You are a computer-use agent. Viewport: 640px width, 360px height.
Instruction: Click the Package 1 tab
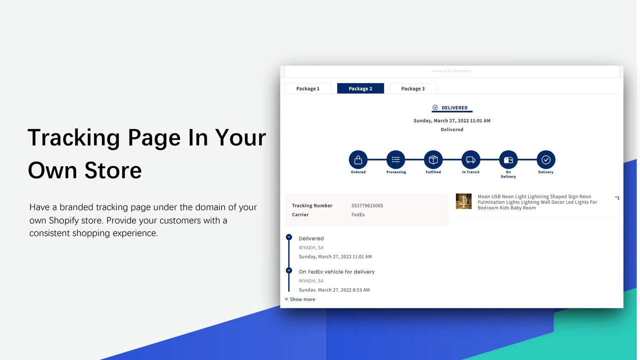click(307, 88)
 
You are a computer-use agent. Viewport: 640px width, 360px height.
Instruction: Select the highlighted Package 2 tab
click(360, 88)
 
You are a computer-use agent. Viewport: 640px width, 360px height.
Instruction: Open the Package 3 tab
click(413, 88)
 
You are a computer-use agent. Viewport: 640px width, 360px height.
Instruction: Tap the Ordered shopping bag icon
click(358, 159)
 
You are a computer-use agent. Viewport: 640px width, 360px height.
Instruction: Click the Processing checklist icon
click(395, 159)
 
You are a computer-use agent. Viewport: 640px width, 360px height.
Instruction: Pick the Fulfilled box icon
click(433, 159)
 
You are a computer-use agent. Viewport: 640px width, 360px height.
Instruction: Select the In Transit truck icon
click(470, 159)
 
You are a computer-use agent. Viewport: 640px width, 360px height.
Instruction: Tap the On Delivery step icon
click(508, 159)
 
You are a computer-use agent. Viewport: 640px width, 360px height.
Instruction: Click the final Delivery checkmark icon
click(545, 159)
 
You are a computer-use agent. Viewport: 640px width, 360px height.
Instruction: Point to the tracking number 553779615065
click(367, 205)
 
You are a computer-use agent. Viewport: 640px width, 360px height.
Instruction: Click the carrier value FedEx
click(358, 214)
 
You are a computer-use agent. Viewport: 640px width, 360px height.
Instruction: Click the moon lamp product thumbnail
click(463, 201)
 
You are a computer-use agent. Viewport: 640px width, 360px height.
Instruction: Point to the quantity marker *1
click(617, 198)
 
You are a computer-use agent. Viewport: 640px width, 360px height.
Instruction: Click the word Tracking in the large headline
click(73, 137)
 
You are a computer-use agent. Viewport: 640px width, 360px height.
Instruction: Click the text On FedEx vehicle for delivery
click(336, 271)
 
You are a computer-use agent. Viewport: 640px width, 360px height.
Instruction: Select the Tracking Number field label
click(312, 205)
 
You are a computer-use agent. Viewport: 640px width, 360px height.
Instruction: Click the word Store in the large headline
click(113, 170)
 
